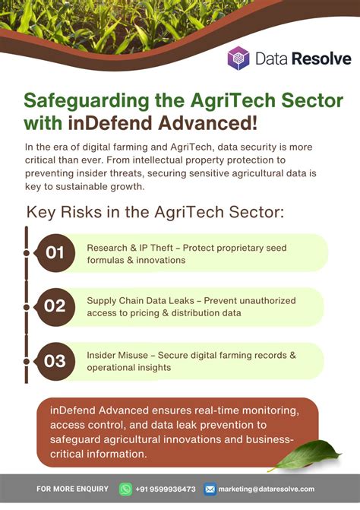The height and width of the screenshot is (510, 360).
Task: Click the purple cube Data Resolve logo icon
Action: (238, 59)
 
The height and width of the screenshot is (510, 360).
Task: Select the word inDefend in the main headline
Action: (110, 123)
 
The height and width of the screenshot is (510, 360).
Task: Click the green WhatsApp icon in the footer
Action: (125, 489)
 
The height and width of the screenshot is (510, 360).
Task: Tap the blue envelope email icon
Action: (210, 489)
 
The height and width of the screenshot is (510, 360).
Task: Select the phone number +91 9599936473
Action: (166, 489)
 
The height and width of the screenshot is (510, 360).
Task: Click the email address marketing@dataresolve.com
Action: (267, 489)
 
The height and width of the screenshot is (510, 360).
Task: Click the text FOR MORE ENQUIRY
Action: (72, 489)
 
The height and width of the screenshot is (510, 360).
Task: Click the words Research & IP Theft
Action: (130, 248)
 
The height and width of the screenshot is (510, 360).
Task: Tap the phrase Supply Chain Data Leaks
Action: (141, 301)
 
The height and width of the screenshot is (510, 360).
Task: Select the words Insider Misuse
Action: (117, 355)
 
